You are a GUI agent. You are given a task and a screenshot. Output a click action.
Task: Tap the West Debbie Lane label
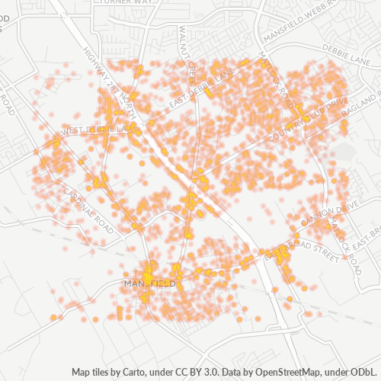95,130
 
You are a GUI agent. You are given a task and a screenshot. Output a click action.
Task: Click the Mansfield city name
149,283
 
